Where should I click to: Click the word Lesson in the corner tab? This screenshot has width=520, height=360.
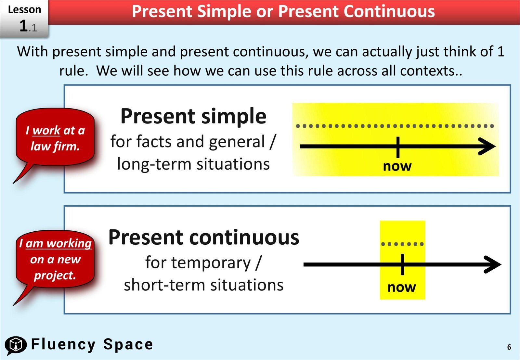point(24,9)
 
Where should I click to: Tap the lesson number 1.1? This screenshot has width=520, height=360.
point(28,26)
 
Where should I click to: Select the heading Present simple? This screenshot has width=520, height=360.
point(193,116)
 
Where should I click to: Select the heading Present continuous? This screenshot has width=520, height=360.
point(203,237)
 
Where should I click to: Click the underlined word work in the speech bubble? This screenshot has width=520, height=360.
point(46,131)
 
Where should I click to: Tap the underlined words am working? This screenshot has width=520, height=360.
point(58,243)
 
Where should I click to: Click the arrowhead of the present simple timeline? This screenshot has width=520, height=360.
point(487,147)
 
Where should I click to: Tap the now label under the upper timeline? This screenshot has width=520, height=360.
point(397,166)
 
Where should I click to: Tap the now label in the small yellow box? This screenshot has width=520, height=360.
point(401,288)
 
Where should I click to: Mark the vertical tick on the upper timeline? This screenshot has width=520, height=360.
point(398,147)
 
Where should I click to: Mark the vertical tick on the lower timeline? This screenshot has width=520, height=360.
point(402,264)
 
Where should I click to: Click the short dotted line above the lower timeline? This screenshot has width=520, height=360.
point(402,244)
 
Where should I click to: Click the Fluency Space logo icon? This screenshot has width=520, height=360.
point(15,345)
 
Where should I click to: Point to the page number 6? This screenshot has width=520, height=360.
point(509,347)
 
